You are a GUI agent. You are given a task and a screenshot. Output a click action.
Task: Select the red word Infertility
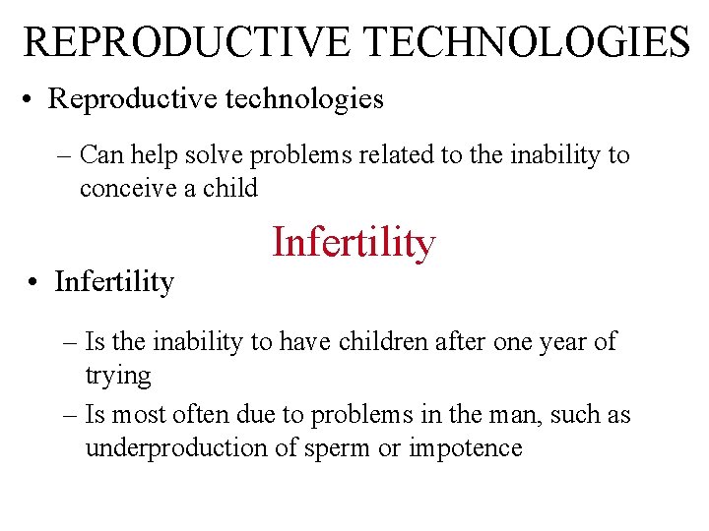(x=354, y=242)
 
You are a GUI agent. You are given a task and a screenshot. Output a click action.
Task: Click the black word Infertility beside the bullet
(x=114, y=282)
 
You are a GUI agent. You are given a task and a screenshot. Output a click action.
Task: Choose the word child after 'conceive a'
(x=229, y=188)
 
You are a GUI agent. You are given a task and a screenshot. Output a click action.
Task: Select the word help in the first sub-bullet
(x=154, y=154)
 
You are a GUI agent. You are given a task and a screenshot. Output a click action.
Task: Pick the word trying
(x=117, y=376)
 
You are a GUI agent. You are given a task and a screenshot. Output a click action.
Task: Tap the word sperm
(x=327, y=447)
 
